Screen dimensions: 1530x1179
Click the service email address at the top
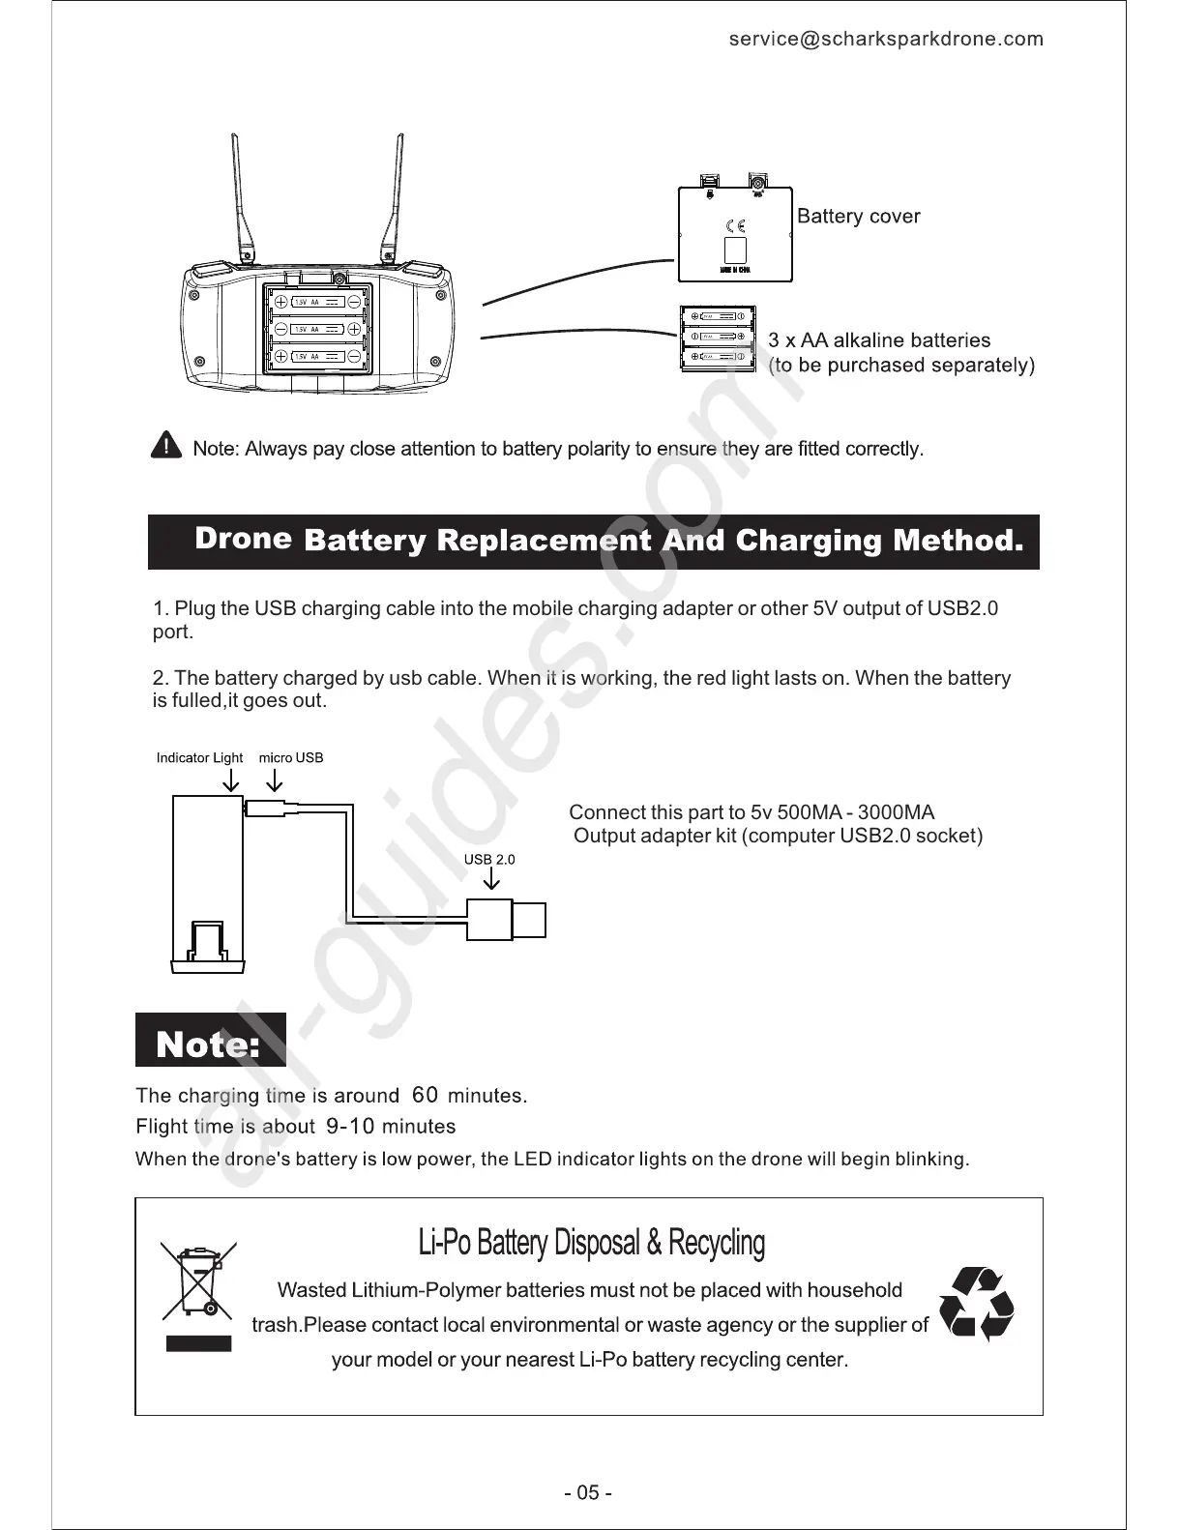click(x=886, y=39)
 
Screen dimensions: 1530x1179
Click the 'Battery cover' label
click(x=858, y=217)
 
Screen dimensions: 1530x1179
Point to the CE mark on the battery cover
click(x=735, y=226)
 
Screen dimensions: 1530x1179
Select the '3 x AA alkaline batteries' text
click(x=879, y=340)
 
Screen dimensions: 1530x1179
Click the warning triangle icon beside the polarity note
click(x=166, y=446)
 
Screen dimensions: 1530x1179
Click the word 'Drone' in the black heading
click(x=243, y=539)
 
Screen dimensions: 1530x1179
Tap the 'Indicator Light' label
click(x=199, y=757)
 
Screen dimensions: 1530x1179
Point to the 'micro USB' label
click(x=291, y=757)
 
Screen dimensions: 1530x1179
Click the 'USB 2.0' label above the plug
click(x=489, y=859)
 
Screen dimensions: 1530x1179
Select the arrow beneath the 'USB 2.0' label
click(x=491, y=879)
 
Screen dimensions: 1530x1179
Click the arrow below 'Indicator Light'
click(x=231, y=781)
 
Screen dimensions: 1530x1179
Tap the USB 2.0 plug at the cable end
click(x=507, y=920)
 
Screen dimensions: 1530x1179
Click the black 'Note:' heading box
click(x=210, y=1041)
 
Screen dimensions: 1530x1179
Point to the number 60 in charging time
click(x=425, y=1095)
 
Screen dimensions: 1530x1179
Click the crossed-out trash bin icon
click(x=198, y=1281)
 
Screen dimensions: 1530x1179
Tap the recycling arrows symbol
click(x=977, y=1305)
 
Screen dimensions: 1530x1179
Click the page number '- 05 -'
click(x=588, y=1492)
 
